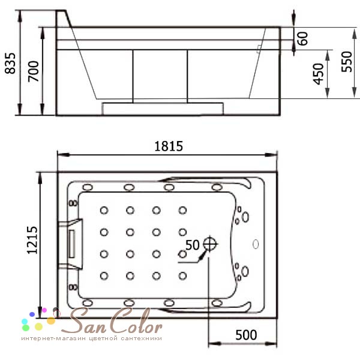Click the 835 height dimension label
click(x=10, y=64)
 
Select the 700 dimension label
click(x=34, y=71)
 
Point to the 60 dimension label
click(x=302, y=38)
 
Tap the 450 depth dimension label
click(x=318, y=74)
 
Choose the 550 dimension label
click(x=346, y=62)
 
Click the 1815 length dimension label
click(x=169, y=146)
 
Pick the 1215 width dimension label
click(x=32, y=241)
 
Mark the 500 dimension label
click(x=246, y=335)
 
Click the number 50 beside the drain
click(x=193, y=245)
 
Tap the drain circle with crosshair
click(x=210, y=244)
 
